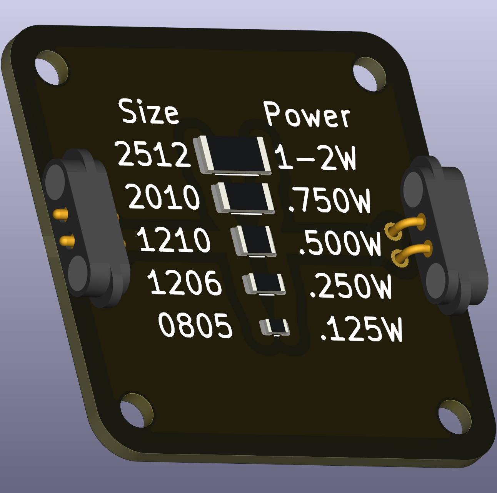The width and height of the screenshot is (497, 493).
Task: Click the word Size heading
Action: click(148, 112)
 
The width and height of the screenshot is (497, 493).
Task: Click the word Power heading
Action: click(307, 115)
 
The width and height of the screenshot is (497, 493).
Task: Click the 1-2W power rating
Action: click(315, 157)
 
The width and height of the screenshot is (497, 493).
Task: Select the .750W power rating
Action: click(329, 201)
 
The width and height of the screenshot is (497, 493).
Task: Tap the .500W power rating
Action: click(340, 244)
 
